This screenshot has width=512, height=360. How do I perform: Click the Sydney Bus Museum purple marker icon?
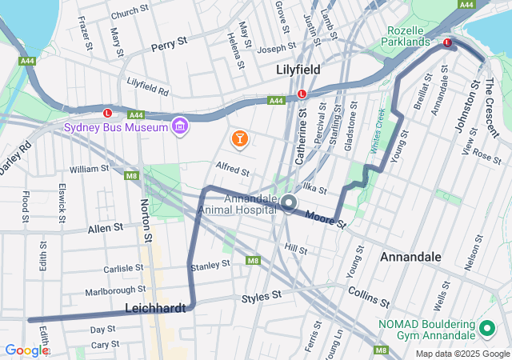point(180,127)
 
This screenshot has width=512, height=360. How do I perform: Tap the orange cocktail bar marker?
point(239,139)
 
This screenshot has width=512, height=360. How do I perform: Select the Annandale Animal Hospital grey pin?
point(289,205)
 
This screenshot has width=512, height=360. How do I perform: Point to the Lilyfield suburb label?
point(298,70)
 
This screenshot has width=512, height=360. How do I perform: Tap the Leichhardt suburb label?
point(156,308)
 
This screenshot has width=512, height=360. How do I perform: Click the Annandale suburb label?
point(410,257)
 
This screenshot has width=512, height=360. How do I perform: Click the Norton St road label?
point(146,221)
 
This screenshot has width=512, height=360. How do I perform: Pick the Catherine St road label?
point(302,137)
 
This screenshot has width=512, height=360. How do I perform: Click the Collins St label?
point(368,297)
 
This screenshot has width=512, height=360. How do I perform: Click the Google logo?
point(26,350)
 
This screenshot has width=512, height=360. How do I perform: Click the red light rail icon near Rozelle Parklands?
point(448,42)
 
